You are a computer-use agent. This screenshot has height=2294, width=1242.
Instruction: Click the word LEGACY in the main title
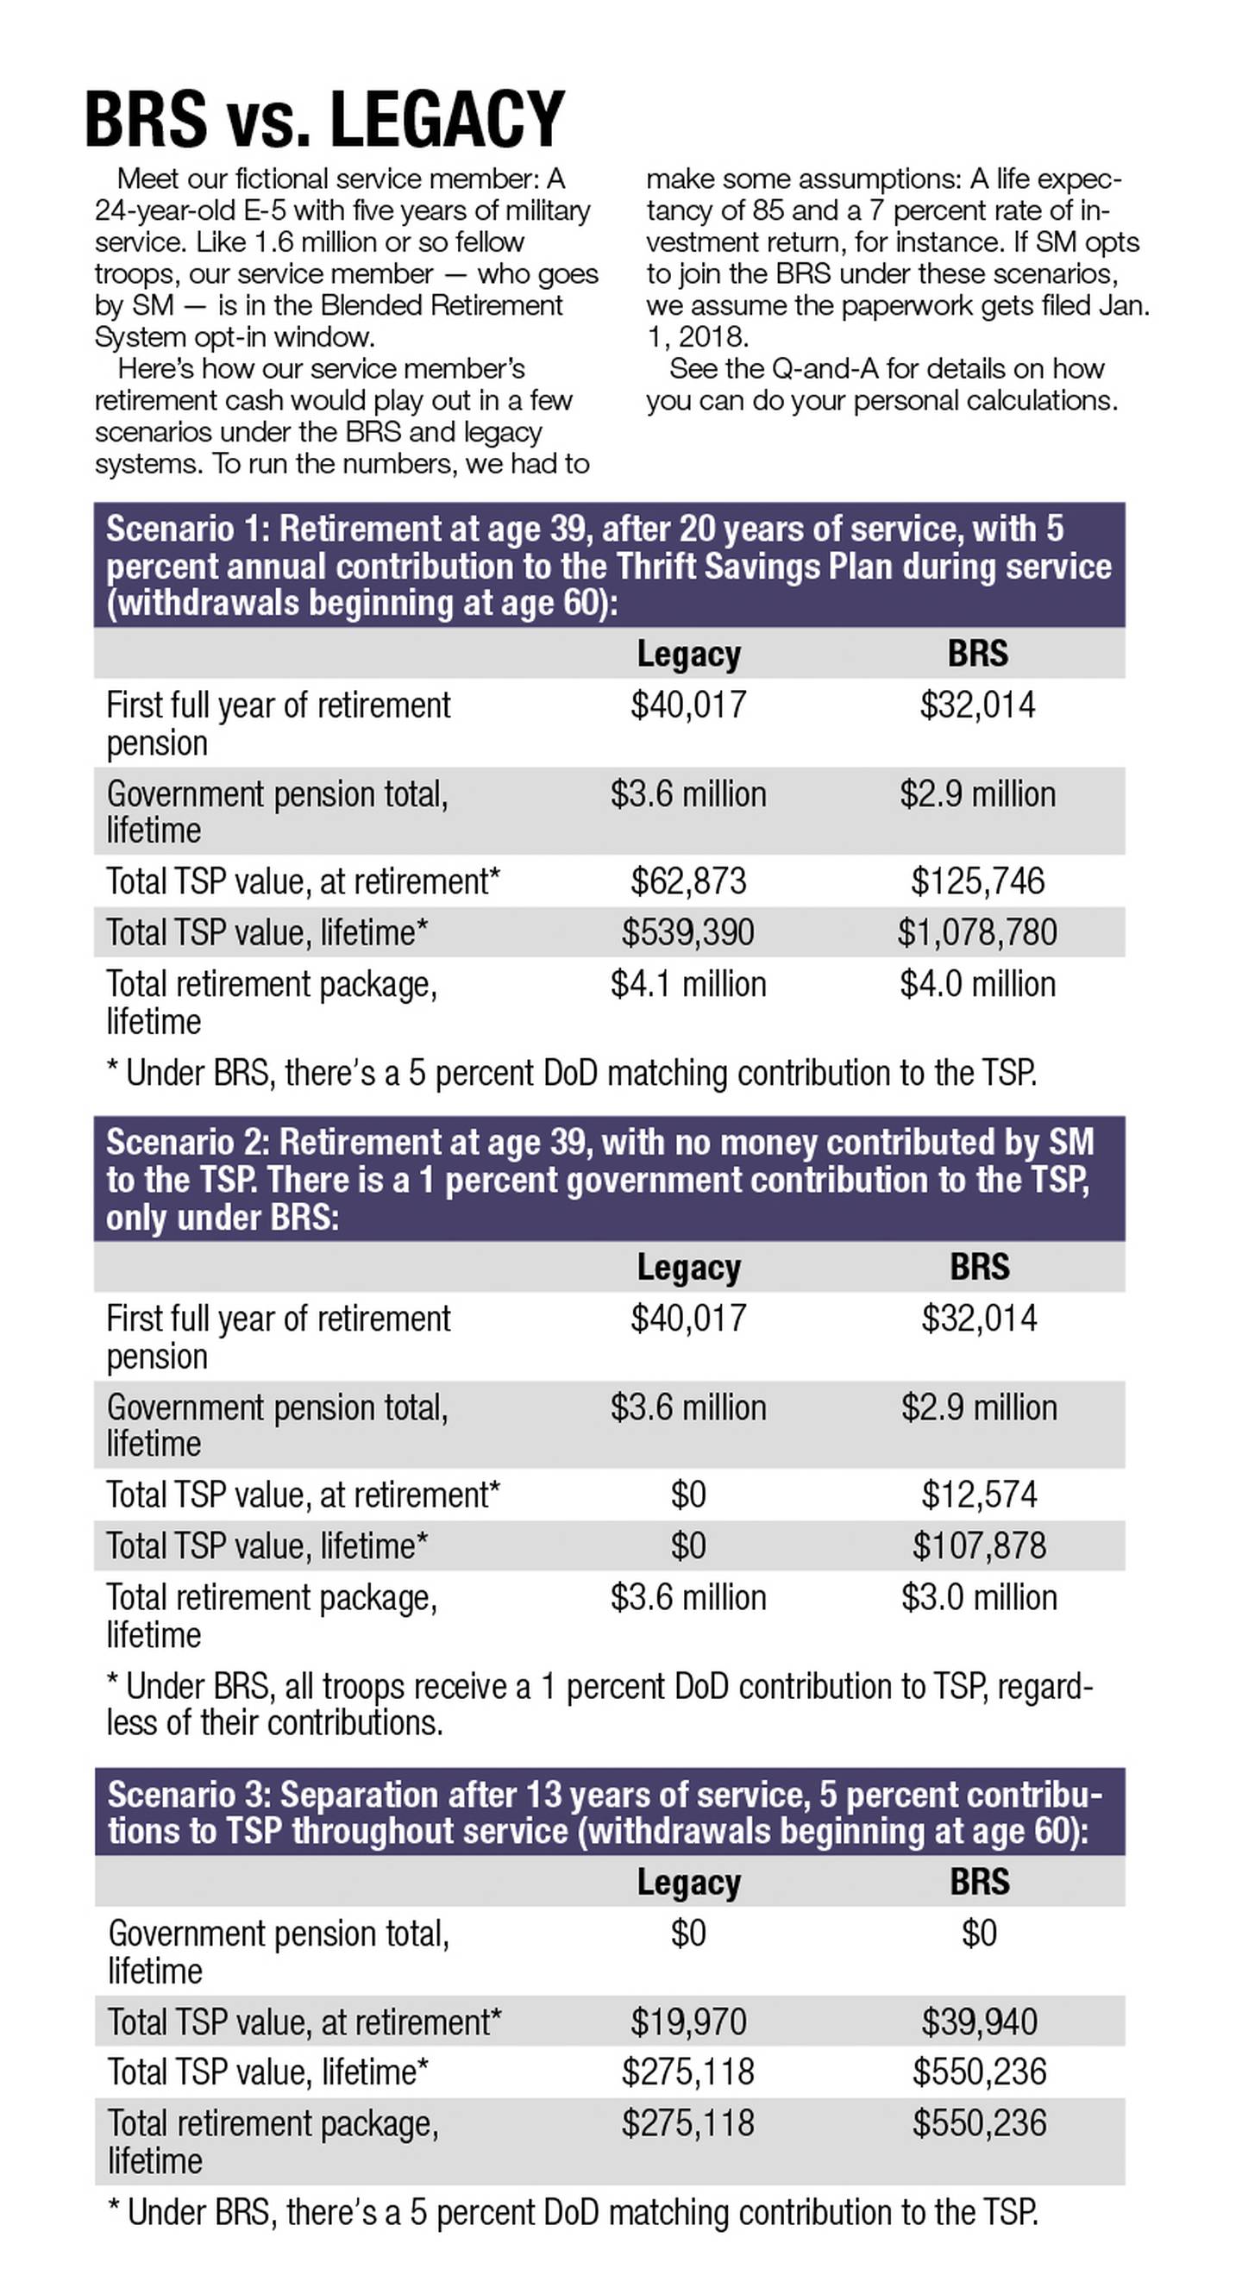tap(448, 119)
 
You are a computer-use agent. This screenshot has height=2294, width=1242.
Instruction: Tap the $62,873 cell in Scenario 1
tap(688, 881)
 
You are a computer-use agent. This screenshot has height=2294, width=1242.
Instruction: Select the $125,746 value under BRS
tap(977, 881)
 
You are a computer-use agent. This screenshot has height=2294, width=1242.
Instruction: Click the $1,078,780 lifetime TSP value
tap(977, 932)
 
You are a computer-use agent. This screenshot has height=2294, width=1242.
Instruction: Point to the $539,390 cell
tap(688, 932)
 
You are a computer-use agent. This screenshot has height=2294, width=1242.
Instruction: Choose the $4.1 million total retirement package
tap(688, 984)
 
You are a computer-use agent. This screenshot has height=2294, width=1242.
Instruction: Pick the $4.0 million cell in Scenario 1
tap(977, 984)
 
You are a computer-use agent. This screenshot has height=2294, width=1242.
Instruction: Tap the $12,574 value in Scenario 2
tap(979, 1495)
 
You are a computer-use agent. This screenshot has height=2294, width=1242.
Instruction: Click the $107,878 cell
tap(979, 1546)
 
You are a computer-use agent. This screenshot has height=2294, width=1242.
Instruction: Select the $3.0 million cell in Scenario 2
tap(979, 1597)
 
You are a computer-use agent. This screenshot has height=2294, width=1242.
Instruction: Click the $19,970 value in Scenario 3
tap(688, 2021)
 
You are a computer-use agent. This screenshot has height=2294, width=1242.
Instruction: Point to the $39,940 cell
tap(979, 2021)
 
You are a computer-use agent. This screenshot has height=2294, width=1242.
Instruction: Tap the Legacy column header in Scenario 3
tap(688, 1882)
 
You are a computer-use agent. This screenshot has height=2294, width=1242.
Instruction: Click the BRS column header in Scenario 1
tap(977, 654)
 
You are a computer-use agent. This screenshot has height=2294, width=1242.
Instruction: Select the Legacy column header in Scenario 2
tap(688, 1267)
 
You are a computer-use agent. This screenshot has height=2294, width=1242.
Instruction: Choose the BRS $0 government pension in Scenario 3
tap(979, 1934)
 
